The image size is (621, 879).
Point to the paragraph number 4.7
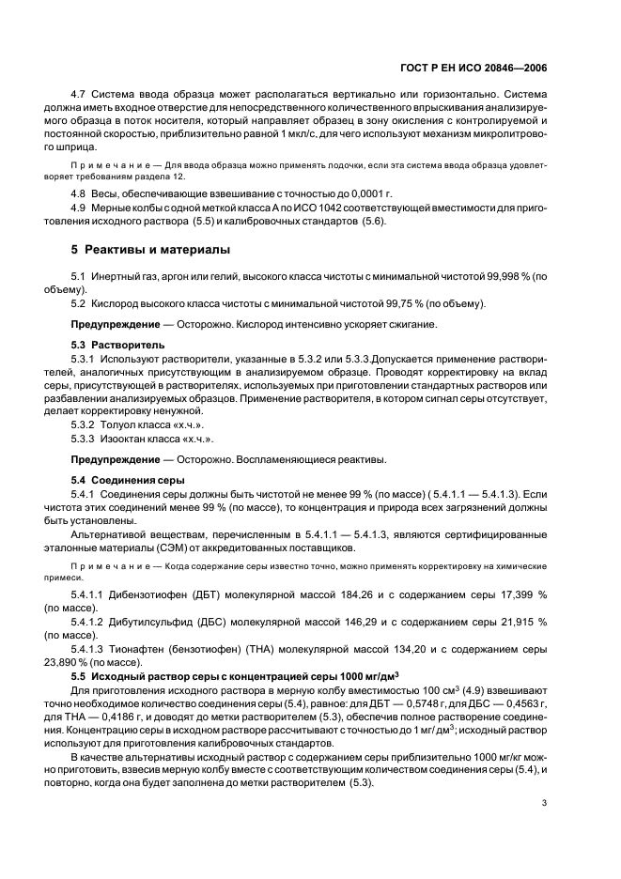pos(81,95)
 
